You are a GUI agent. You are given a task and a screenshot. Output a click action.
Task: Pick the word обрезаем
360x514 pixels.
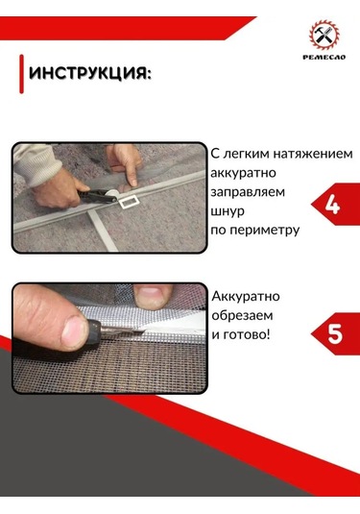[x=245, y=315]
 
